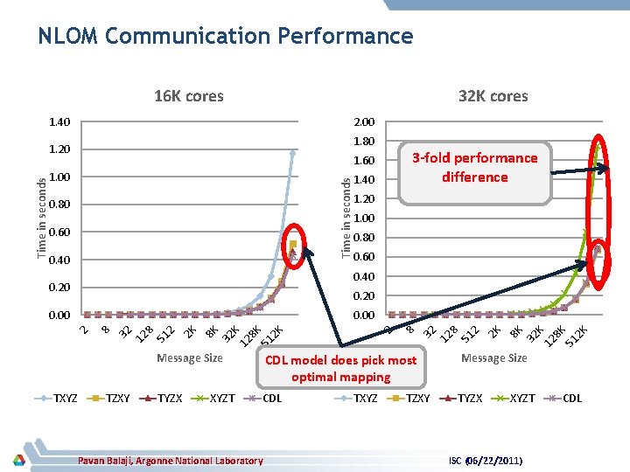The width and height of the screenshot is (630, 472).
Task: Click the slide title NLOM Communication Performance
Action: [225, 36]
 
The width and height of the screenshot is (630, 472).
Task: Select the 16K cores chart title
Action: [188, 96]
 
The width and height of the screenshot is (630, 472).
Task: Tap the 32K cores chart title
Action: [493, 96]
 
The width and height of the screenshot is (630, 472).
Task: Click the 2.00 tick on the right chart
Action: [363, 122]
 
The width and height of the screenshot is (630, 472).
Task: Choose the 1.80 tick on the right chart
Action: [363, 142]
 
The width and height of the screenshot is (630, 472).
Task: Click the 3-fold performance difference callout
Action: [474, 167]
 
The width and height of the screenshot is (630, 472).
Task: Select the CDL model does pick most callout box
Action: [340, 368]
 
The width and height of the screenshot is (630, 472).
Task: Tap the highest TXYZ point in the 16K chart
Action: [293, 152]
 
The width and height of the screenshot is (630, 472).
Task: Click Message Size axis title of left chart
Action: [189, 357]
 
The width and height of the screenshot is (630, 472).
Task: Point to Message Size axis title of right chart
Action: [493, 357]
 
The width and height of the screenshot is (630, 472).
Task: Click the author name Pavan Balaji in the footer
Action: [170, 461]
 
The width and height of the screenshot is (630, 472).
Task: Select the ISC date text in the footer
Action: [486, 461]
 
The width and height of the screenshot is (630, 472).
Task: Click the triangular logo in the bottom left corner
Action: [18, 460]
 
